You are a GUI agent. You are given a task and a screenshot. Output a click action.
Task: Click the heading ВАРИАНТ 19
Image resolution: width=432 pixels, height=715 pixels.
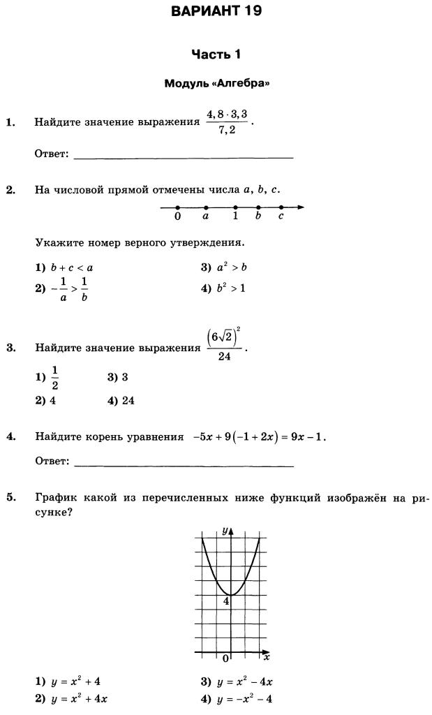(x=216, y=11)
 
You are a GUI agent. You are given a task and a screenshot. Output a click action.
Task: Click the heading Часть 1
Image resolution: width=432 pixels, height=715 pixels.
(x=216, y=54)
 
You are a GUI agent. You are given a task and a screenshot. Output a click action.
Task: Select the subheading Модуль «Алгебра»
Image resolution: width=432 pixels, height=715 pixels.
(x=216, y=83)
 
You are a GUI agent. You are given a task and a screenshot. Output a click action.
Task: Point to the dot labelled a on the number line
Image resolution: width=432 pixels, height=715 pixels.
(x=206, y=207)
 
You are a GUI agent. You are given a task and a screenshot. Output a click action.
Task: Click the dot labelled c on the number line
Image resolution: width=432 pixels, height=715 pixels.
(x=281, y=207)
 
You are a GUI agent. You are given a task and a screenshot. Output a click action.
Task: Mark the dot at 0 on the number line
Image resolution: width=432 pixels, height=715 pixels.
(x=177, y=207)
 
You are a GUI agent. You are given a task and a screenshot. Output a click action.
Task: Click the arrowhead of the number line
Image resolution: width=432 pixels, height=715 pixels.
(x=301, y=207)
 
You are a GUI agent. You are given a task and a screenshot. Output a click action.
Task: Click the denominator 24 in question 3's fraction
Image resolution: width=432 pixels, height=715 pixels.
(x=224, y=357)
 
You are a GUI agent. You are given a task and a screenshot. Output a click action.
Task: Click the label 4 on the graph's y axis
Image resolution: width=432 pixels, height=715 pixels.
(x=226, y=601)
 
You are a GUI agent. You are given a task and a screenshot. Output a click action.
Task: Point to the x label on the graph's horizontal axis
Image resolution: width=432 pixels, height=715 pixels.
(x=267, y=658)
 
